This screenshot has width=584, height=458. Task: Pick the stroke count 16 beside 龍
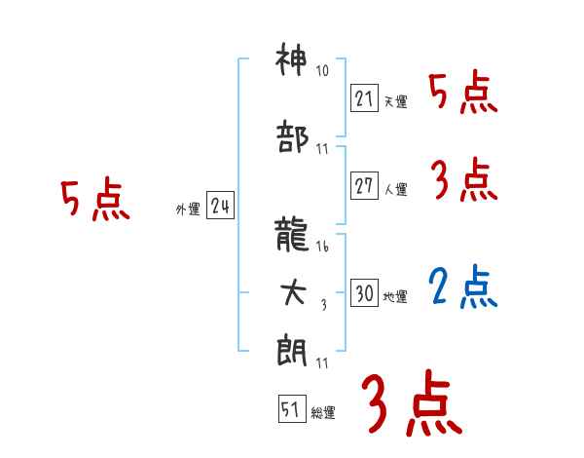point(322,248)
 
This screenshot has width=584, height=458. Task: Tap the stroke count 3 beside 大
point(323,305)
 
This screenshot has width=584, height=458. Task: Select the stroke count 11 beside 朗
point(322,363)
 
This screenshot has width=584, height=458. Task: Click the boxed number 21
point(364,98)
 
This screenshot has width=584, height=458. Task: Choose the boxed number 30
point(364,293)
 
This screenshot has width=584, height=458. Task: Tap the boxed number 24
point(220,206)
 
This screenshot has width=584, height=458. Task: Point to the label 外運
point(187,210)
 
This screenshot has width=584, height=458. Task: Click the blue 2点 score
point(462,287)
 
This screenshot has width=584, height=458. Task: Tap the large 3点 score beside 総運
point(410,404)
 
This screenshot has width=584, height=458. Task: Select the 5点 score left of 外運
point(94,201)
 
